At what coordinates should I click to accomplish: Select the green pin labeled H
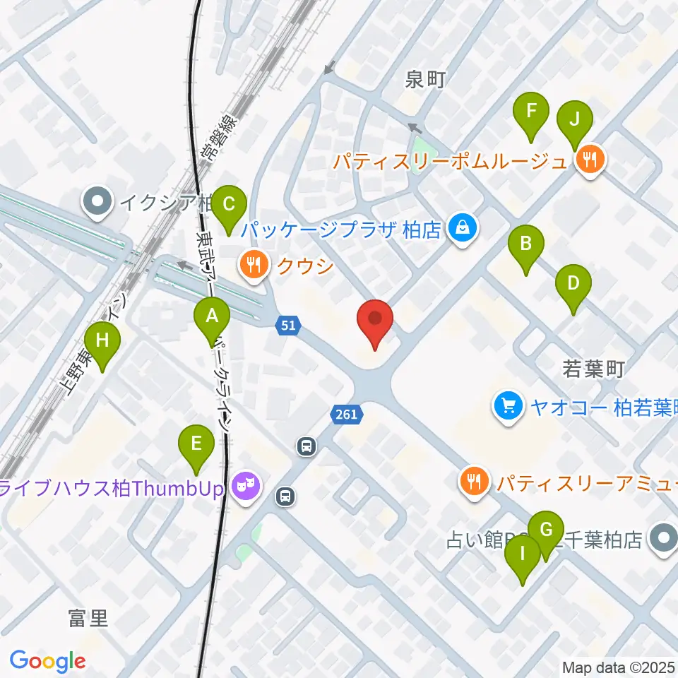coord(103,342)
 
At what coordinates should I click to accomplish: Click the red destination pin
coord(376,321)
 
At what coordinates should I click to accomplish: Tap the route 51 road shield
coord(287,326)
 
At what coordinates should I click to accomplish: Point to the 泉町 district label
coord(426,80)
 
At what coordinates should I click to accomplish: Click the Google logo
coord(47,660)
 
